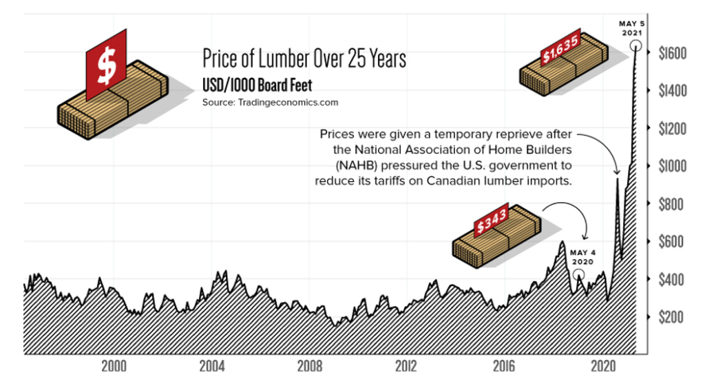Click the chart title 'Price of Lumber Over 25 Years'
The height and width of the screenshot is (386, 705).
coord(304,59)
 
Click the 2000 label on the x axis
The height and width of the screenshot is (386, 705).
coord(114,365)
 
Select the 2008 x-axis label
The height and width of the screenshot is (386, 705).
coord(310,365)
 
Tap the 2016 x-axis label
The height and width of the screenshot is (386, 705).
coord(505,365)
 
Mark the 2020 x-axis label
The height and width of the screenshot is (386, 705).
coord(604,365)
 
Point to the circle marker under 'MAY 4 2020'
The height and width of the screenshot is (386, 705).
coord(579,276)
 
